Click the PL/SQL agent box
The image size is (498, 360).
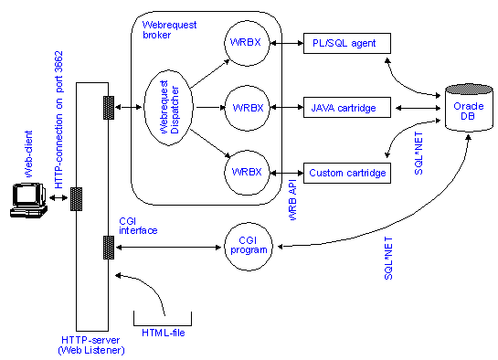point(346,43)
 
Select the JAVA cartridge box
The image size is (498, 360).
point(346,108)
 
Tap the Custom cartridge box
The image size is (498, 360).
point(346,172)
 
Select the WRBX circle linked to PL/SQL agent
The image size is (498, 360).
point(248,43)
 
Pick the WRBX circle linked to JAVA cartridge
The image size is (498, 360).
point(248,108)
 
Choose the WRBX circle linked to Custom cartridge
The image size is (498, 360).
point(248,171)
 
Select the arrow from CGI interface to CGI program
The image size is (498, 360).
point(168,247)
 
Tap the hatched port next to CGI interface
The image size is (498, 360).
point(109,247)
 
